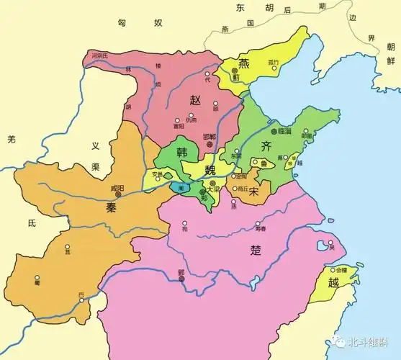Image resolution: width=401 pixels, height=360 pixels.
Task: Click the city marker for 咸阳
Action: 117,193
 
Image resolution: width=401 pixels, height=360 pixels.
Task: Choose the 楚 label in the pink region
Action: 255,251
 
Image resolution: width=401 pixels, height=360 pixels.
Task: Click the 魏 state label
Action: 209,170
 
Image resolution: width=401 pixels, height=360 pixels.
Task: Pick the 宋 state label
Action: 253,192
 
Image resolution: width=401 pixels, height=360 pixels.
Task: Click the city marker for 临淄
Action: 274,131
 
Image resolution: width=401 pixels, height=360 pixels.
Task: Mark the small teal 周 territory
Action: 178,186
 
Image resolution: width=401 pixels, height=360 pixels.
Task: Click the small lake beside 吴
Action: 333,238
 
